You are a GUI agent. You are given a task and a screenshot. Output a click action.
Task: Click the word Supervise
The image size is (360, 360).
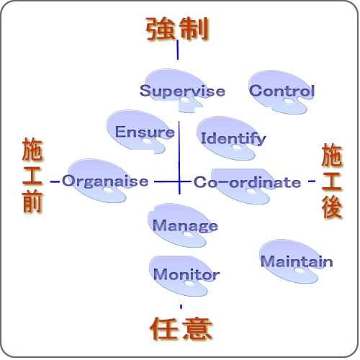(182, 91)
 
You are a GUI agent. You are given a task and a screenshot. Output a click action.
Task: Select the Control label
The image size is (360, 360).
(282, 91)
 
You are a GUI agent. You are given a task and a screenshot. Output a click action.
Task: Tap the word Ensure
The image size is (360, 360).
(145, 132)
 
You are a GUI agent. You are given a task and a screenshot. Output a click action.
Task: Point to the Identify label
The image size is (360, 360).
(233, 138)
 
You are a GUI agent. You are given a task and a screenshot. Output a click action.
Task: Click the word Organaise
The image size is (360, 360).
(105, 181)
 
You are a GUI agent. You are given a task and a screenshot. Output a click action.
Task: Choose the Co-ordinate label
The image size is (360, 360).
(248, 182)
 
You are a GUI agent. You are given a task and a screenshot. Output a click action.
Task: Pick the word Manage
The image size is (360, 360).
(185, 225)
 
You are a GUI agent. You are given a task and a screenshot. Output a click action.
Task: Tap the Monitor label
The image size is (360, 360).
(186, 274)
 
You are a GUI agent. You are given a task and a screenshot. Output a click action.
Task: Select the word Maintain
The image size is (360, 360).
(297, 261)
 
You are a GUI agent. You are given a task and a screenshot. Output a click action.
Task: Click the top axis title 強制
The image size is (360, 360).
(177, 28)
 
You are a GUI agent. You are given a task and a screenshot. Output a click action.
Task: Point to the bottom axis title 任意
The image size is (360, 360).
(181, 328)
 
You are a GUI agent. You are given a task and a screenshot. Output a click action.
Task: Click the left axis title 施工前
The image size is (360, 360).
(32, 175)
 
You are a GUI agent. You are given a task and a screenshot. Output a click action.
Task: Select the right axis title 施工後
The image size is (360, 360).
(332, 181)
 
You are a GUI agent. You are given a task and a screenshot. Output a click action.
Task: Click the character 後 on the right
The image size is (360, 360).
(332, 208)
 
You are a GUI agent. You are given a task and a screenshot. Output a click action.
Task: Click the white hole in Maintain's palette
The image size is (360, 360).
(299, 271)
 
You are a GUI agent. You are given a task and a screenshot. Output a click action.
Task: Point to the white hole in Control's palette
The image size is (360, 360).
(288, 102)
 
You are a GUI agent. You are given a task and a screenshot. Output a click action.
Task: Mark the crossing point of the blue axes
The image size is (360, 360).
(179, 181)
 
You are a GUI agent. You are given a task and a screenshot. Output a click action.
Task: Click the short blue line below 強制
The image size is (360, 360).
(178, 50)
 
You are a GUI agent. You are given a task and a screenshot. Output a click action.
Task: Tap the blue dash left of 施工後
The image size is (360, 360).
(312, 181)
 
